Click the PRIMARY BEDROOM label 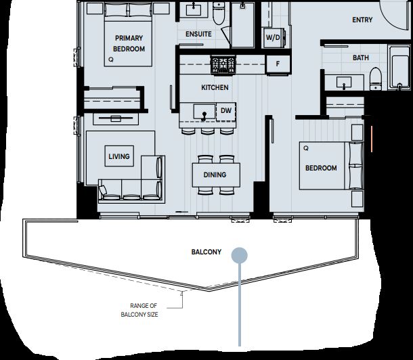129,43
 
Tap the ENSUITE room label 198,34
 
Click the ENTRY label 362,20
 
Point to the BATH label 361,58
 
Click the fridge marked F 278,64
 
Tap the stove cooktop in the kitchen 223,64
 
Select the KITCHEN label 215,87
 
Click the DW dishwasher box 225,111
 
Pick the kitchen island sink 204,112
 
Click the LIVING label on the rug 119,156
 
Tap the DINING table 216,175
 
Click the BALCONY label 206,252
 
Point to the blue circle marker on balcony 240,255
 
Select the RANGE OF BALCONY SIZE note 139,310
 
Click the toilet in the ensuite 219,14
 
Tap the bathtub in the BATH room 399,68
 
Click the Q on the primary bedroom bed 111,60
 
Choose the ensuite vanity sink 194,10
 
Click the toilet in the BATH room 376,79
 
